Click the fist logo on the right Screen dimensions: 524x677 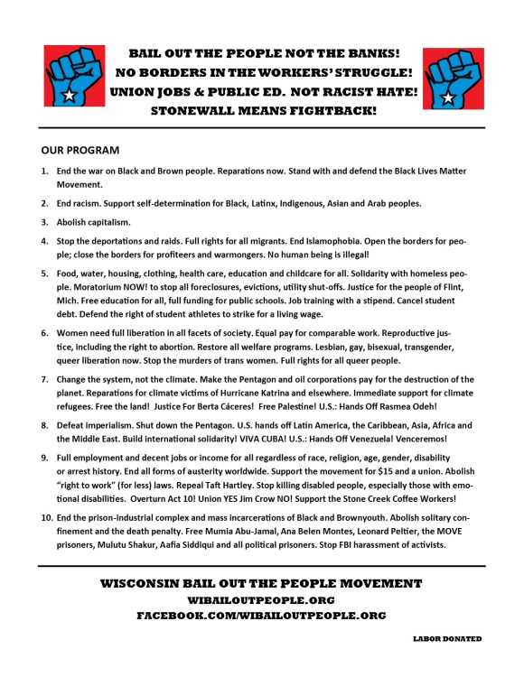454,78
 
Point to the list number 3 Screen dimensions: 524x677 45,222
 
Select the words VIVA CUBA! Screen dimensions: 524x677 308,439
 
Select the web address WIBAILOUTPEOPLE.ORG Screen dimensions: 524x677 261,599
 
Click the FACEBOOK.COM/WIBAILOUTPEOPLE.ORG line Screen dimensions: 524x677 261,615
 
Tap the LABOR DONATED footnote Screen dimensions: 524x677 446,638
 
